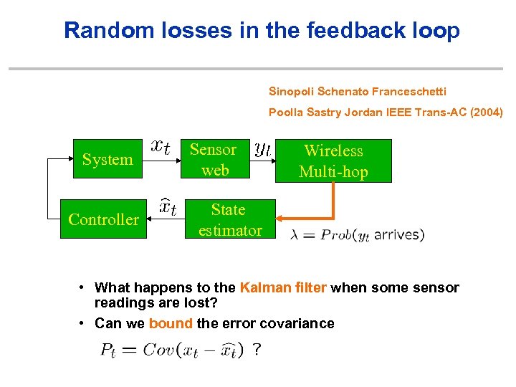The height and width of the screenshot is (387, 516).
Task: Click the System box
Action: (x=107, y=159)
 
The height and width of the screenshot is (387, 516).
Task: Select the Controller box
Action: (x=103, y=219)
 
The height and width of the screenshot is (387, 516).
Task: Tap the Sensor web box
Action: (x=213, y=159)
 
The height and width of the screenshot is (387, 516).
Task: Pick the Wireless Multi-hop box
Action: (x=333, y=161)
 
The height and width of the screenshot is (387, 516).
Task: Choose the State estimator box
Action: (x=229, y=219)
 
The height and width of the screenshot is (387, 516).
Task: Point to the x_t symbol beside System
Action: (x=161, y=147)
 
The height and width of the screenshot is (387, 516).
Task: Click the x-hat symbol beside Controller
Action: (x=168, y=208)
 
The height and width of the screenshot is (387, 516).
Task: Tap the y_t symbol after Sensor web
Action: (x=262, y=148)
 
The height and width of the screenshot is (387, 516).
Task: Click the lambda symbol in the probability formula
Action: (x=296, y=235)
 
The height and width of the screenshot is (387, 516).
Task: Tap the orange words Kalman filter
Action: (x=283, y=287)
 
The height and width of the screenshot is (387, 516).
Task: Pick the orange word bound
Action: (x=171, y=323)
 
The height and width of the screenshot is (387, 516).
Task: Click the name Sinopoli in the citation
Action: (x=291, y=91)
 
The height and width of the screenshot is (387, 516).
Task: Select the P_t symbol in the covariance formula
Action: (x=108, y=350)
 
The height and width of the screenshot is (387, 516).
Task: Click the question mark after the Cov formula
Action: (x=257, y=350)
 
